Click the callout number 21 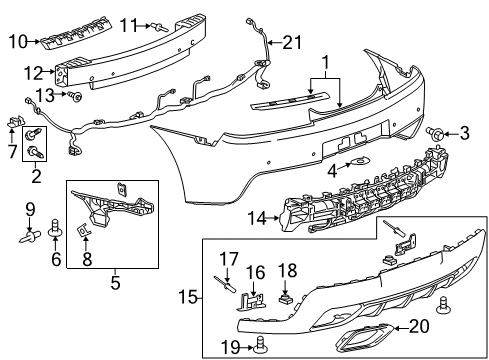click(292, 42)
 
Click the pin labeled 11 click(161, 26)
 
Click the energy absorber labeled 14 click(350, 214)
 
